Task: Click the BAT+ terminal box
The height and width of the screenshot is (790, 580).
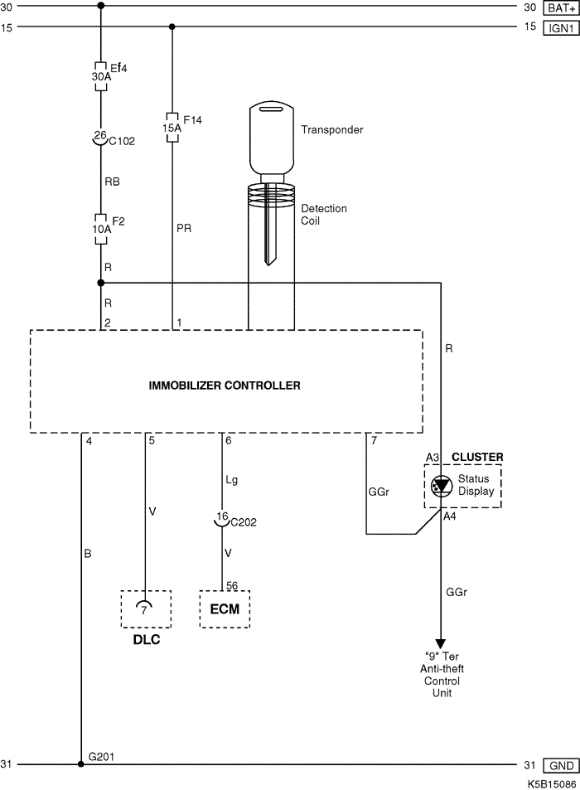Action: (x=558, y=7)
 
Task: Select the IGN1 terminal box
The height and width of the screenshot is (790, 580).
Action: (x=558, y=27)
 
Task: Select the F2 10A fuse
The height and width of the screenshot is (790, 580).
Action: (x=101, y=230)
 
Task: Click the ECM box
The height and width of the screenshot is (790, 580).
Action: (x=225, y=609)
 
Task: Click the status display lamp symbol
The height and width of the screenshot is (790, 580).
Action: (x=441, y=485)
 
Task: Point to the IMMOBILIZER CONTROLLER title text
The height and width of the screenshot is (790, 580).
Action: (x=225, y=385)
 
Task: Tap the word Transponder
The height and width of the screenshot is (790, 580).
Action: (x=331, y=130)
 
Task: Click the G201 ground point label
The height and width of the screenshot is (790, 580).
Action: (x=102, y=756)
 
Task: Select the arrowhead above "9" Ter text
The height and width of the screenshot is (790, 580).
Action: (x=441, y=643)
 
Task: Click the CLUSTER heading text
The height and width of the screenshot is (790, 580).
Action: (x=476, y=457)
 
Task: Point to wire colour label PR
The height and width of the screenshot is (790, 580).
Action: (x=184, y=228)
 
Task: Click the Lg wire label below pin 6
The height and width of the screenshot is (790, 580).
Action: (x=231, y=479)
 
